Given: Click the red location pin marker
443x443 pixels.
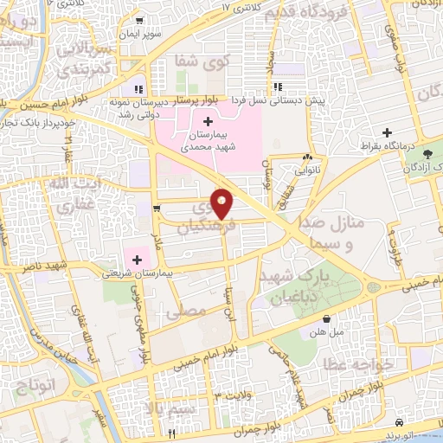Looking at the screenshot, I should point(222,202).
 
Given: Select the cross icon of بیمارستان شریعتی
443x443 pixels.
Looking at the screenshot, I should point(137,259).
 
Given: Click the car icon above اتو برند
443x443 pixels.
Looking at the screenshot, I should point(397,422).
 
